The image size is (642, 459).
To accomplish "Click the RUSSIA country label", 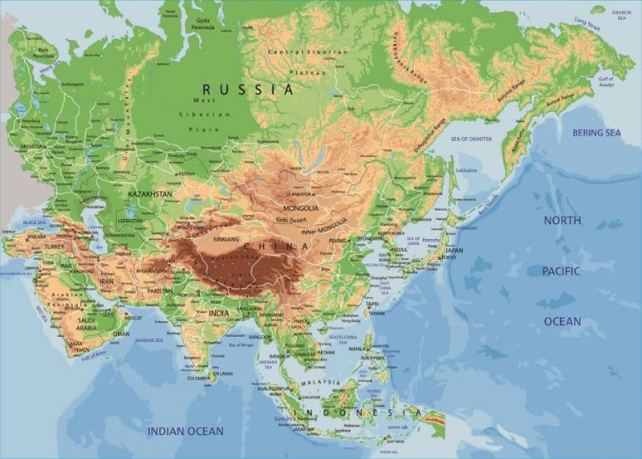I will [248, 89].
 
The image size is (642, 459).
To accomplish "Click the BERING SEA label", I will [596, 132].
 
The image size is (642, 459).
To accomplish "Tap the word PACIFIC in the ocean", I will [561, 271].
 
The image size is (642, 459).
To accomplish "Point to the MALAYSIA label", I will [319, 384].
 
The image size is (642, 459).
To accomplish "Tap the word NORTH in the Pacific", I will [563, 219].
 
